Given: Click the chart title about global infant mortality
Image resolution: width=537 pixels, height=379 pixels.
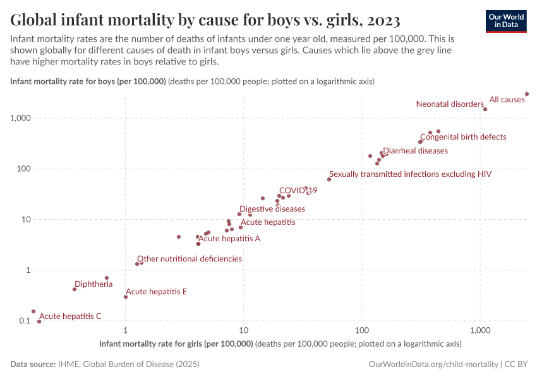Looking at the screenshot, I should (x=205, y=20).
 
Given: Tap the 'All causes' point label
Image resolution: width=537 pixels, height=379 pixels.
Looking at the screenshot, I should (x=507, y=100).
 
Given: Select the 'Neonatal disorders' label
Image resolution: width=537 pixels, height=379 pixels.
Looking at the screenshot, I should (x=449, y=104).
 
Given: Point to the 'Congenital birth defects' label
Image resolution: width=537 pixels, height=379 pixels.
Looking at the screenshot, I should (x=463, y=136).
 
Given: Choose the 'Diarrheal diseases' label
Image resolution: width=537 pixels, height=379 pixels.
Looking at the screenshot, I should (x=415, y=151).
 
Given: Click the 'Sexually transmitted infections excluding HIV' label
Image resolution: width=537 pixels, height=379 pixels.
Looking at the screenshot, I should (x=410, y=174).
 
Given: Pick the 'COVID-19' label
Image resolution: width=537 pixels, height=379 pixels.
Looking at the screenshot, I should (x=298, y=190).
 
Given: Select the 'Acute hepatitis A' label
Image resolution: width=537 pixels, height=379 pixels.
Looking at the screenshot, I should (x=229, y=239).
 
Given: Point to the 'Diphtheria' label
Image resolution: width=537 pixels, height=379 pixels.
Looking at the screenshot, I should (x=94, y=284).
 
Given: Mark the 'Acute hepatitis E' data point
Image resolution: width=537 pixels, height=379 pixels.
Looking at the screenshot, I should (x=126, y=297).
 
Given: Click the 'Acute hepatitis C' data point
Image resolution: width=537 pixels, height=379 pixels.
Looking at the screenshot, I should (x=39, y=322).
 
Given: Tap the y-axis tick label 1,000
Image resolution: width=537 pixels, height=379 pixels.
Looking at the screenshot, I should (x=21, y=119).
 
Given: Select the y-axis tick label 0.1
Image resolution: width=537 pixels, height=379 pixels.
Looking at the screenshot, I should (x=25, y=321).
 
